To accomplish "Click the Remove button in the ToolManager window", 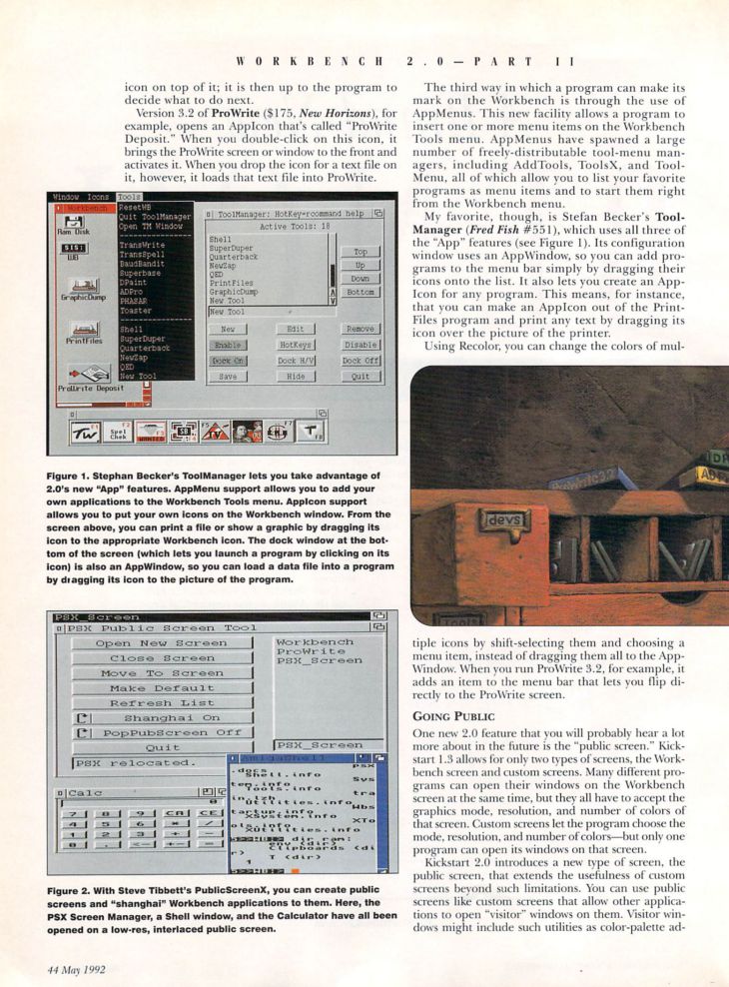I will click(x=361, y=329).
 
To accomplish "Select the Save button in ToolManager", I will click(x=227, y=377).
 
